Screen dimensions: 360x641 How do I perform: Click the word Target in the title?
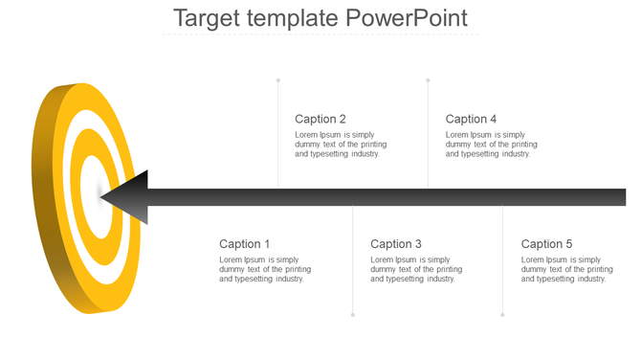point(207,18)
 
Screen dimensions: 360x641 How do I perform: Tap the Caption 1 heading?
point(245,244)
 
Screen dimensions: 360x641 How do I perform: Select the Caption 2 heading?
point(320,119)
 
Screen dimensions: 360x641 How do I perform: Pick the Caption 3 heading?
point(396,244)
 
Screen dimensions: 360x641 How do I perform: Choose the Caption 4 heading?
point(472,119)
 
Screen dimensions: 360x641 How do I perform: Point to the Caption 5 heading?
point(547,244)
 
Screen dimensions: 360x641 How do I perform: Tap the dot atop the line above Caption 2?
point(278,79)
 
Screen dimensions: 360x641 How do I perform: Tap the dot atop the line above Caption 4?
point(428,79)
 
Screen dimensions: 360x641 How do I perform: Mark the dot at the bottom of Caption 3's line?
point(353,315)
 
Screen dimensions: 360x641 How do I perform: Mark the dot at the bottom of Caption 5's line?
point(502,315)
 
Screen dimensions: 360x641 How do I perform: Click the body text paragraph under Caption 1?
point(265,269)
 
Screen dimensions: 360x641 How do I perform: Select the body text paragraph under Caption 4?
point(491,144)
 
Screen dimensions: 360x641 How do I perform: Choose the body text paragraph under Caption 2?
point(341,144)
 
